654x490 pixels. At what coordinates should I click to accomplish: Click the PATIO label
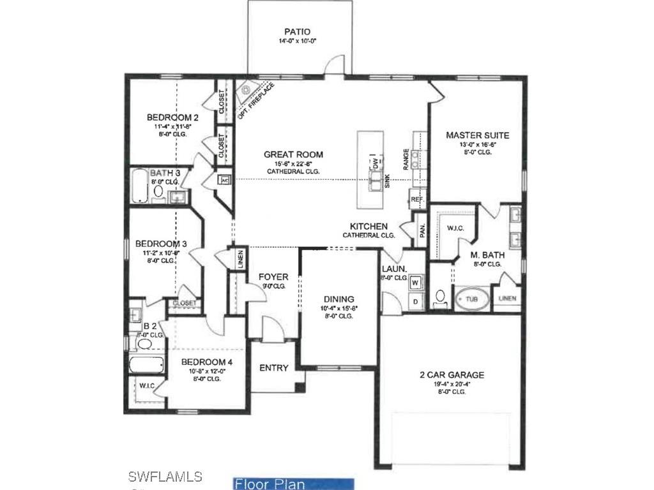coord(298,32)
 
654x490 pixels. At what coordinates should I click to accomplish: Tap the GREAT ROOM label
coord(293,154)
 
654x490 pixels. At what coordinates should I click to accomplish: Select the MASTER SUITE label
coord(477,135)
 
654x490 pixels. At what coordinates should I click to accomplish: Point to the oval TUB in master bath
coord(471,299)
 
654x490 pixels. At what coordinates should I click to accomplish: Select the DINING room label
coord(338,299)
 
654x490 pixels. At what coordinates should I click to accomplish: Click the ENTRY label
coord(273,368)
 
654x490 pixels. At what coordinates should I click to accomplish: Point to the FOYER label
coord(273,277)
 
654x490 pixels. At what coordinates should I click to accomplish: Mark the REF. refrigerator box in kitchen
coord(418,200)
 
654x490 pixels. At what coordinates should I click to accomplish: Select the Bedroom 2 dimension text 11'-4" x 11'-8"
coord(172,127)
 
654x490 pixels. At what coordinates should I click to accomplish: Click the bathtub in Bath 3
coord(142,186)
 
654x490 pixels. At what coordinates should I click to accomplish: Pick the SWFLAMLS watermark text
coord(165,477)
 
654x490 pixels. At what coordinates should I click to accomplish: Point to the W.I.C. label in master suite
coord(455,227)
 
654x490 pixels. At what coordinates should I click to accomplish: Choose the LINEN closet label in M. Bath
coord(508,298)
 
